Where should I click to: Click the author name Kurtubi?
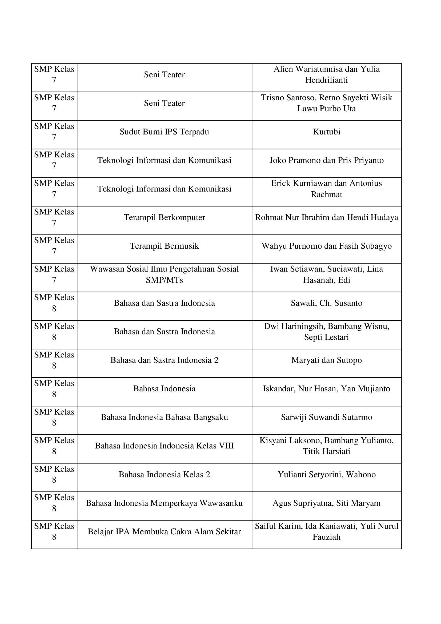click(326, 132)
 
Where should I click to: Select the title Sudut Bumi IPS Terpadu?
click(164, 132)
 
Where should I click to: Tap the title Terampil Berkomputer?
click(164, 217)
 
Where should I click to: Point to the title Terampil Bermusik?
click(164, 246)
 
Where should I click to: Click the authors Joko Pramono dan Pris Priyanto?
click(326, 160)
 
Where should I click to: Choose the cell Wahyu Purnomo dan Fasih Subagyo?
click(326, 246)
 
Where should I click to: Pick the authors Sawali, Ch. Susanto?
click(326, 303)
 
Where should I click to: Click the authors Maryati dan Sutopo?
click(326, 360)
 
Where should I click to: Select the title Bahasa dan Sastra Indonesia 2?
click(164, 360)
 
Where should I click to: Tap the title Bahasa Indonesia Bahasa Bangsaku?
click(164, 417)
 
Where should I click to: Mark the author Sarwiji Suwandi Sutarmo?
click(326, 417)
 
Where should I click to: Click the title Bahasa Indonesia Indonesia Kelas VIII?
click(164, 446)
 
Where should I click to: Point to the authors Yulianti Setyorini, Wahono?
click(326, 475)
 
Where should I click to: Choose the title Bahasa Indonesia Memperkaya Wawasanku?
click(164, 503)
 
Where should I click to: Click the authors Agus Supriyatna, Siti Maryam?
click(326, 503)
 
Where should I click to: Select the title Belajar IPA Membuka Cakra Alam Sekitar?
click(164, 532)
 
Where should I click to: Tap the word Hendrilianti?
click(326, 80)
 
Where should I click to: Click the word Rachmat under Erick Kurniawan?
click(326, 194)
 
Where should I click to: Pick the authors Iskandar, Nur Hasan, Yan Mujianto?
click(326, 389)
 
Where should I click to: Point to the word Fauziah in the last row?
click(326, 537)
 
